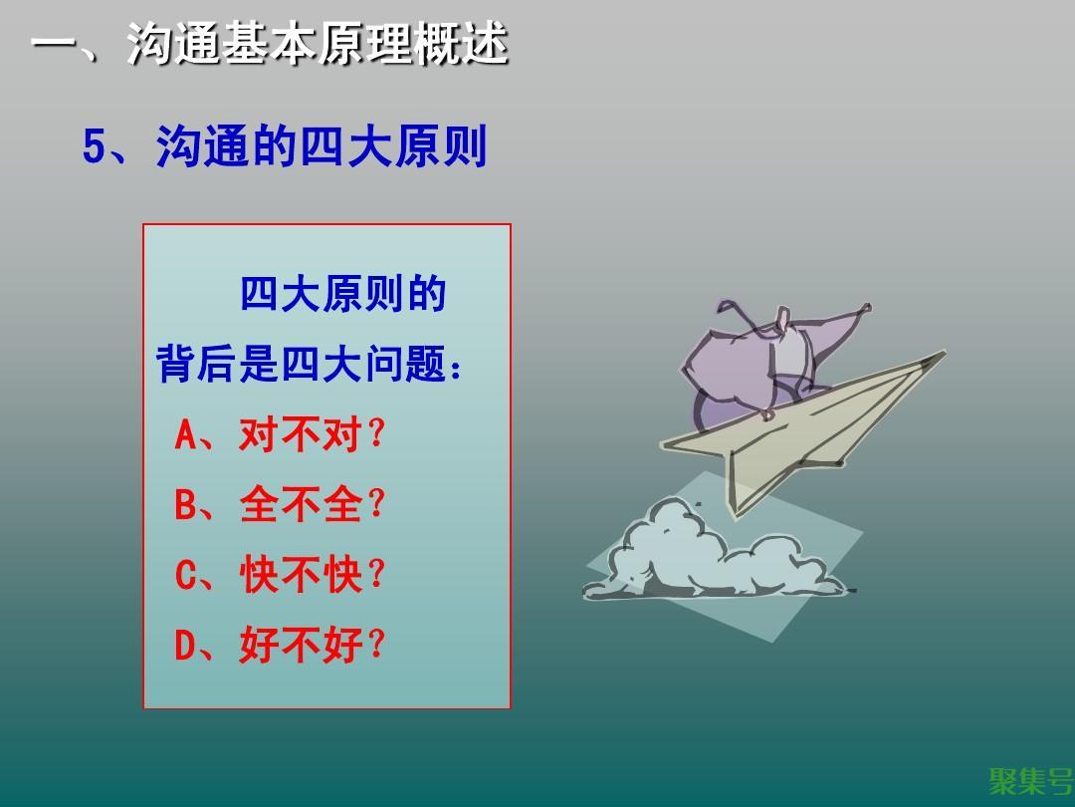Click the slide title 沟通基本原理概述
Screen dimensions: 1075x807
[x=318, y=44]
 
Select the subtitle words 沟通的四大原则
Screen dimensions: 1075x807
[x=322, y=145]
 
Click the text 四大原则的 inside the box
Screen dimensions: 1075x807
[x=342, y=294]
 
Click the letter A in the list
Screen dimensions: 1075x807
[x=185, y=434]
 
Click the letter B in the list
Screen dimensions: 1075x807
[x=185, y=505]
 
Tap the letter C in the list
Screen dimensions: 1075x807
[x=185, y=575]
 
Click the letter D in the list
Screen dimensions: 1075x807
[x=185, y=645]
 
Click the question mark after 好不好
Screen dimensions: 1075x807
[x=376, y=645]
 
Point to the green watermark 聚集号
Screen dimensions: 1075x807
[x=1030, y=781]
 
